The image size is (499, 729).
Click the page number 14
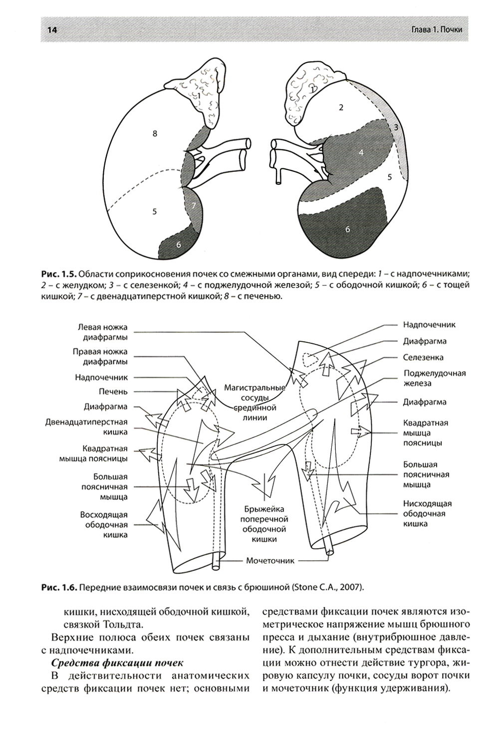coord(51,30)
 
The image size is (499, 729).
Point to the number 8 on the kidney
coord(155,133)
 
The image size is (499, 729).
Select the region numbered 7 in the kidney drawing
coord(194,205)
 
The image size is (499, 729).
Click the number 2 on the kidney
coord(341,107)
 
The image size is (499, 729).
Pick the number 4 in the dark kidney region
coord(360,153)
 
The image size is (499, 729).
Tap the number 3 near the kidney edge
coord(396,127)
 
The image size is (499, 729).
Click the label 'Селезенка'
coord(423,358)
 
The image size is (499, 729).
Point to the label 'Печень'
coord(113,392)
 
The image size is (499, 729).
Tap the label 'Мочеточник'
coord(270,561)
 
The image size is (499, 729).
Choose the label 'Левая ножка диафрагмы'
coord(102,332)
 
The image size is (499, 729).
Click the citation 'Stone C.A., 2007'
coord(325,587)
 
